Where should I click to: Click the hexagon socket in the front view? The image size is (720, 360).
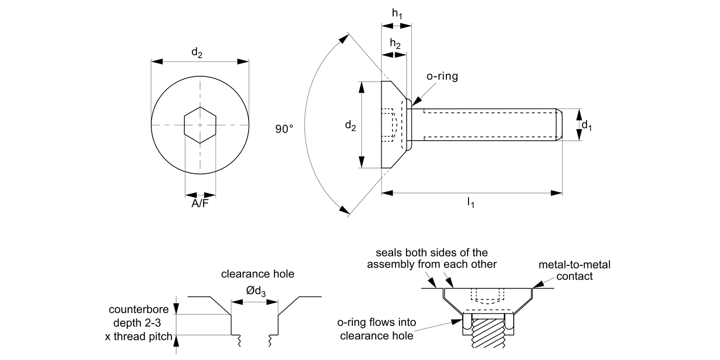pyautogui.click(x=200, y=125)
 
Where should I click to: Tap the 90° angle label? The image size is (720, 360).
pyautogui.click(x=284, y=129)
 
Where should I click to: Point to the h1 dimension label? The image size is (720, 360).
pyautogui.click(x=396, y=14)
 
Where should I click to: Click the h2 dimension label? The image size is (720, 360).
pyautogui.click(x=395, y=44)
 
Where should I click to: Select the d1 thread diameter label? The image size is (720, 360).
pyautogui.click(x=587, y=125)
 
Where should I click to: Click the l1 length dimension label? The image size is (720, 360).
pyautogui.click(x=471, y=203)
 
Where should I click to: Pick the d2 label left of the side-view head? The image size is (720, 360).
pyautogui.click(x=351, y=126)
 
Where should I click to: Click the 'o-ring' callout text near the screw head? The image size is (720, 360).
pyautogui.click(x=442, y=76)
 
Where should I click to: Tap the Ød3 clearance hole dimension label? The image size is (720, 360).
pyautogui.click(x=256, y=291)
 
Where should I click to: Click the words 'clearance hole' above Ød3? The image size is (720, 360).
pyautogui.click(x=257, y=274)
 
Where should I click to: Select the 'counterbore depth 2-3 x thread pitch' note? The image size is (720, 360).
pyautogui.click(x=138, y=323)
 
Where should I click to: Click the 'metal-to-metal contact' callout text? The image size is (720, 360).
pyautogui.click(x=574, y=270)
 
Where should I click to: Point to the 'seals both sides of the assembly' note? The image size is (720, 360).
pyautogui.click(x=432, y=258)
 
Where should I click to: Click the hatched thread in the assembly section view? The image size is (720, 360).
pyautogui.click(x=489, y=336)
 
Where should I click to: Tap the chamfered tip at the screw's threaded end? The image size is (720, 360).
pyautogui.click(x=559, y=125)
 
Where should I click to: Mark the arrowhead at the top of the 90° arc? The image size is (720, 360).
pyautogui.click(x=343, y=38)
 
